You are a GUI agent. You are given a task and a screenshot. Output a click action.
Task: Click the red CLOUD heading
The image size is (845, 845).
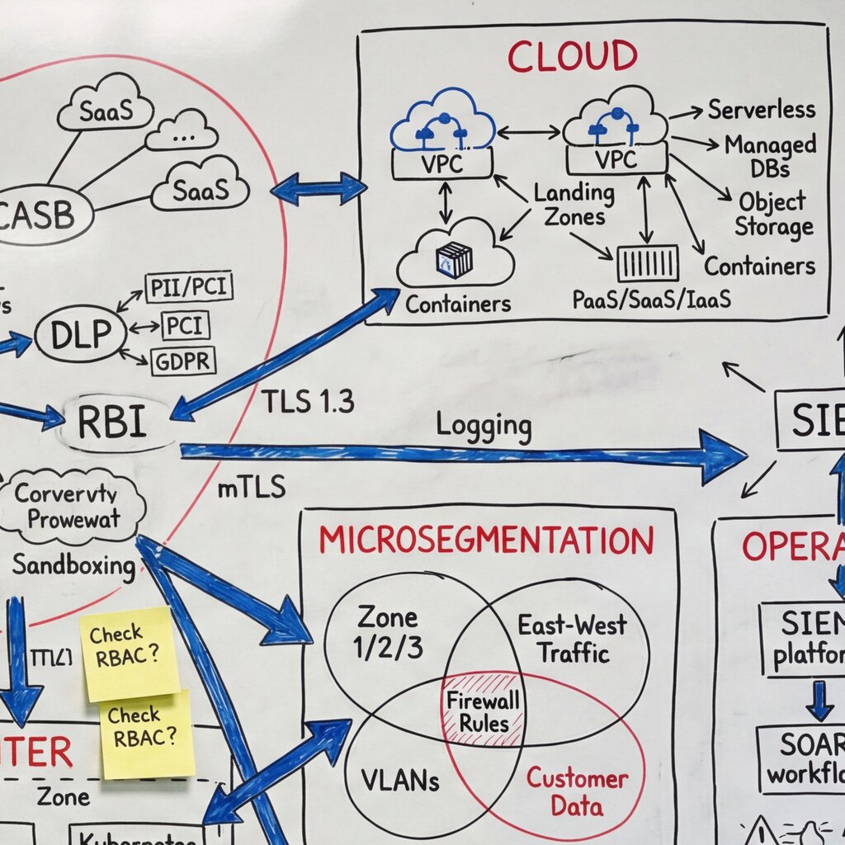click(x=572, y=56)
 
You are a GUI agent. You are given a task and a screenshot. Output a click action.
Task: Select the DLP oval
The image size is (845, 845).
click(x=80, y=334)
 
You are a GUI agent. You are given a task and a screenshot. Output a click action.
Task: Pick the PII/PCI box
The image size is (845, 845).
click(x=189, y=287)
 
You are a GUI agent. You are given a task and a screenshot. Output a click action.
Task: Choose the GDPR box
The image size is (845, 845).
click(x=182, y=361)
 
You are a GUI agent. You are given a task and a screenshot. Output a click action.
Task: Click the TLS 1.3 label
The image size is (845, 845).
click(x=308, y=401)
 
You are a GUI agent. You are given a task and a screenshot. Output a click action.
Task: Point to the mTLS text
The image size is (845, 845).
click(x=251, y=488)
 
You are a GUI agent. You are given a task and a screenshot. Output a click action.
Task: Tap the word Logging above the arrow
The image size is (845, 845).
click(x=484, y=426)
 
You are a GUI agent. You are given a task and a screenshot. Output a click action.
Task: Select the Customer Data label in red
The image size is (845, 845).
click(x=578, y=791)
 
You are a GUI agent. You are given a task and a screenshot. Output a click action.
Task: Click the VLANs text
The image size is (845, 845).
click(x=400, y=779)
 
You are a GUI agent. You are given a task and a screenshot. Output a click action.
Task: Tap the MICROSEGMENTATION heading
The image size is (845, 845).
click(x=486, y=541)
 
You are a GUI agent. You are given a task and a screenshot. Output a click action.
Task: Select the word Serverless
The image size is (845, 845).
click(x=761, y=109)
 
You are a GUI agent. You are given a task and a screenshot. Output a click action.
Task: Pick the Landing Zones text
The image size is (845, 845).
click(x=574, y=205)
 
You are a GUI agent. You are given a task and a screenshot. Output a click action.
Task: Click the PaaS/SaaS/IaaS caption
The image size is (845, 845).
click(x=652, y=299)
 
